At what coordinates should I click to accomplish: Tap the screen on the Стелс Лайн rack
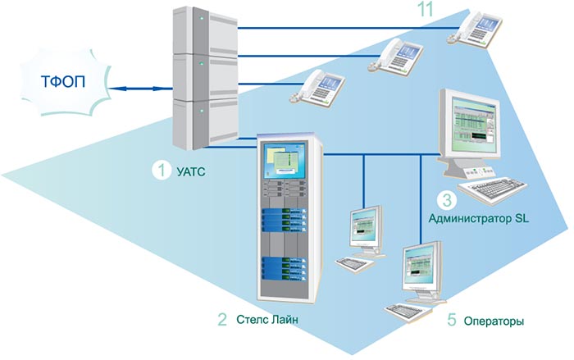pos(282,165)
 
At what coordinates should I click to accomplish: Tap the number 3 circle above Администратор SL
pos(446,199)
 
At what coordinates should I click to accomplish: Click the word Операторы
pos(495,320)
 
